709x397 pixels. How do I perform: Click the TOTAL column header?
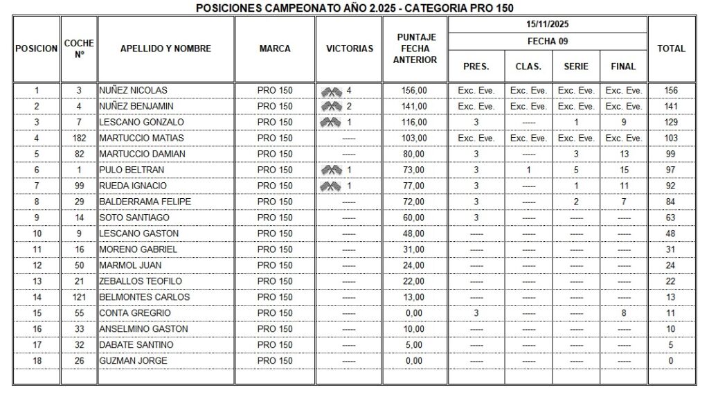(671, 48)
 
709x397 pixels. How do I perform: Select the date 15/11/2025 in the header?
(548, 24)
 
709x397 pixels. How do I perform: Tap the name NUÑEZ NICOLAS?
(133, 90)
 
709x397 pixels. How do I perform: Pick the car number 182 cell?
(79, 138)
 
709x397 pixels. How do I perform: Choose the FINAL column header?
(623, 67)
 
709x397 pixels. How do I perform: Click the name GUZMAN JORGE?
(133, 361)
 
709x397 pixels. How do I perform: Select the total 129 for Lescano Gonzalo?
(671, 122)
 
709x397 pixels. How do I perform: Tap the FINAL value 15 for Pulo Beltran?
(624, 170)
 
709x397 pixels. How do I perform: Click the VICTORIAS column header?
(349, 48)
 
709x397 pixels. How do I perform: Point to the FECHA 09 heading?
(548, 41)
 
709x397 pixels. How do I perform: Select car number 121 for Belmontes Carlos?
(79, 297)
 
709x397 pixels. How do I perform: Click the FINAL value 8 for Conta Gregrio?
(624, 313)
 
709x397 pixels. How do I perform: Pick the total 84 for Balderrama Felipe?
(671, 202)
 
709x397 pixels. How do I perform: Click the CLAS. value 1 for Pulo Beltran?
(528, 170)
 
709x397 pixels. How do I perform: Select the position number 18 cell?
(37, 361)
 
